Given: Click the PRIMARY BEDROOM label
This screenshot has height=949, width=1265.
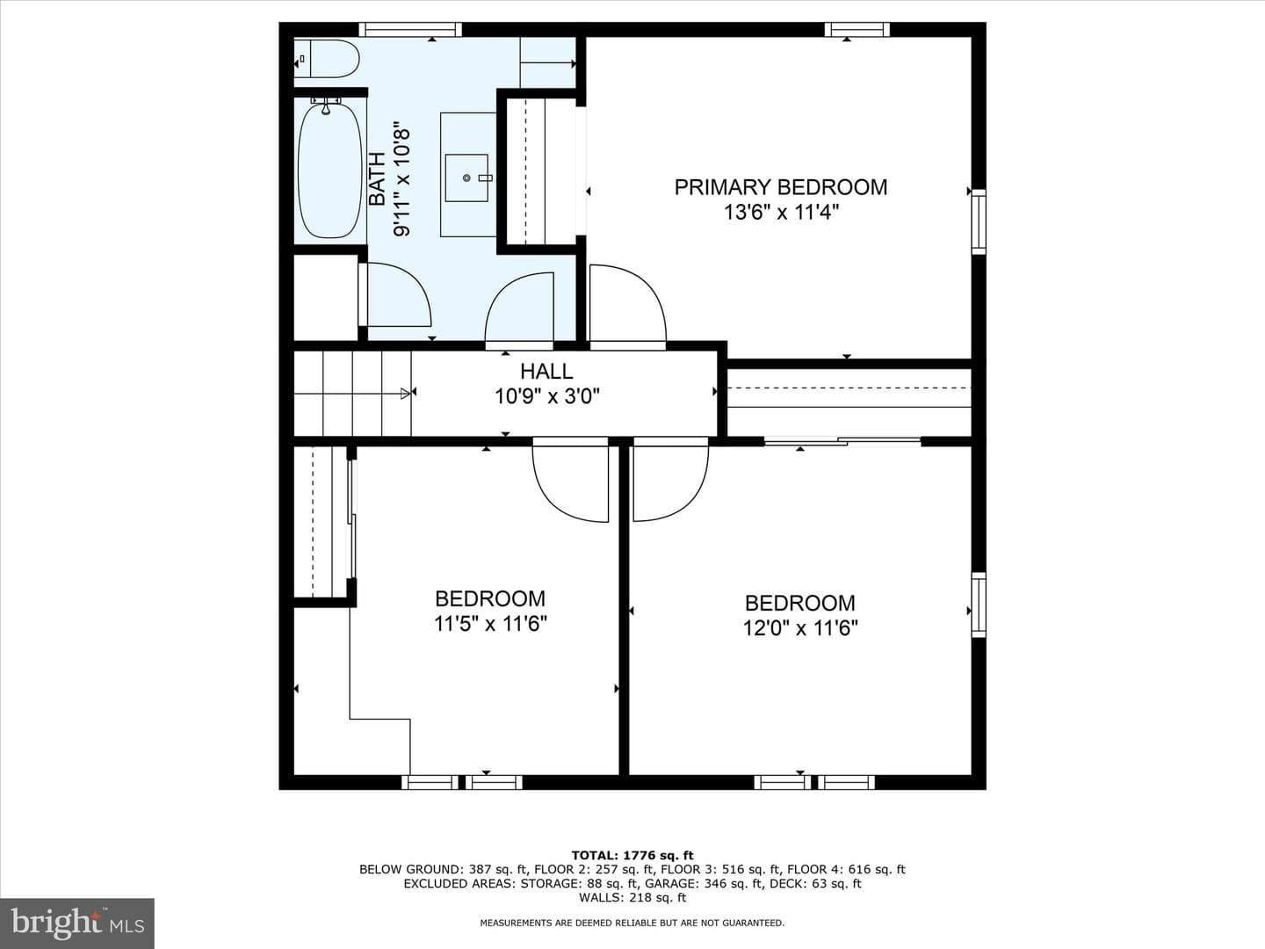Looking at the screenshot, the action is [x=781, y=187].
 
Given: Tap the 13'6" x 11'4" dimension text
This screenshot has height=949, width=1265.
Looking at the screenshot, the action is [x=781, y=213].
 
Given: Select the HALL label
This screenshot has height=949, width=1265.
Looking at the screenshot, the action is [x=546, y=372].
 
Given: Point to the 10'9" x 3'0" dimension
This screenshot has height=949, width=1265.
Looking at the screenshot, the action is [x=547, y=396].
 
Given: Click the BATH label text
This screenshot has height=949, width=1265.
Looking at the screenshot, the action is [x=377, y=178].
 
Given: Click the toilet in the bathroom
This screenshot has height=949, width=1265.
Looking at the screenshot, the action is [x=327, y=59].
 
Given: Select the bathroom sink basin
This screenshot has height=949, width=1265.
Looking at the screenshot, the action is [x=466, y=178].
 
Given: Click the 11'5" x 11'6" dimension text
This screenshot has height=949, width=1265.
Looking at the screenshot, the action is [x=490, y=624].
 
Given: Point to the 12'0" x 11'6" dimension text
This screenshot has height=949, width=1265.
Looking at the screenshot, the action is [x=800, y=627].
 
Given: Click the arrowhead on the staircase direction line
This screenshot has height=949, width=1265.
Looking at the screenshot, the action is [x=406, y=394].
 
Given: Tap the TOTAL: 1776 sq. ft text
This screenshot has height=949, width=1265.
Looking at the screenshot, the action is [x=632, y=856].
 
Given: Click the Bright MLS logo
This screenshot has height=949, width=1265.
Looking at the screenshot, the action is [x=77, y=923].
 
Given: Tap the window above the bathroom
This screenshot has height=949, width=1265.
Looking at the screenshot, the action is [x=410, y=29].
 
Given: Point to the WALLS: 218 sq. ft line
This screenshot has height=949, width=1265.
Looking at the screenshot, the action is [x=632, y=897].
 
